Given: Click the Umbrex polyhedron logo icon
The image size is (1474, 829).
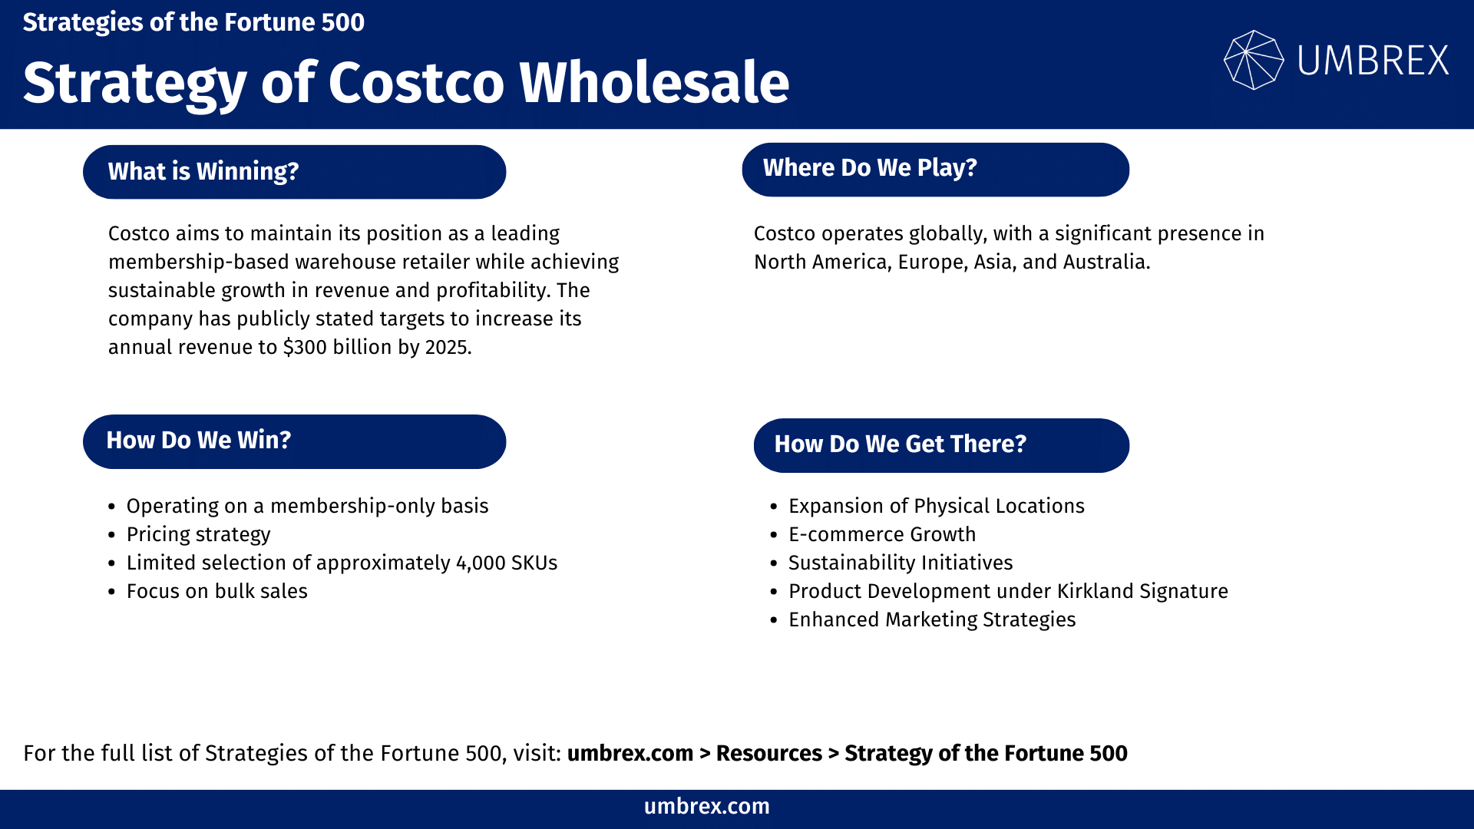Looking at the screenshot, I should tap(1253, 60).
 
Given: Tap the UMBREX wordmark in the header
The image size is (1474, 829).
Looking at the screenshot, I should tap(1373, 61).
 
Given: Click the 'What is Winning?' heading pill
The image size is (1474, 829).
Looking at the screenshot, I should tap(294, 172).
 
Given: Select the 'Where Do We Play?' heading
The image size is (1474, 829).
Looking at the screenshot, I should tap(935, 169).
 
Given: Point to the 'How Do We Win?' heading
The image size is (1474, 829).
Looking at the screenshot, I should tap(294, 441).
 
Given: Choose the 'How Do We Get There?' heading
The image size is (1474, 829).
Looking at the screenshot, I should tap(941, 445).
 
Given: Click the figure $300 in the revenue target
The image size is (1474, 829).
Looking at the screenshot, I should tap(305, 348).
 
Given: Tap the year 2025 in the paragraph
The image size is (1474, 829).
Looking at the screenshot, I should tap(446, 348).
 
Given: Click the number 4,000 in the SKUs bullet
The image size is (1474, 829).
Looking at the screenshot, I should tap(480, 563).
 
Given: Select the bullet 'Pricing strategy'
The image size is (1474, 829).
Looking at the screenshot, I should tap(198, 534).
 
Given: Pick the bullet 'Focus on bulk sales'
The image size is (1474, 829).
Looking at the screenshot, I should tap(216, 591).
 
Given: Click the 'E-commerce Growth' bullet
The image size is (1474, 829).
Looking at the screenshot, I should tap(882, 534).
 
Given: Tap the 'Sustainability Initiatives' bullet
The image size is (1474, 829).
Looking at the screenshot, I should tap(901, 563).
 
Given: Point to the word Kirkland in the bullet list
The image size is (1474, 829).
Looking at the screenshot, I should tap(1095, 591).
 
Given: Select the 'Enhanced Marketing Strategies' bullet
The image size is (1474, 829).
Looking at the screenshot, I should tap(932, 619).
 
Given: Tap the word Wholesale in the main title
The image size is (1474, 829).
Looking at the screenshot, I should tap(654, 83).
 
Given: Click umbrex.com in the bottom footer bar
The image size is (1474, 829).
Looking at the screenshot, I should tap(706, 807).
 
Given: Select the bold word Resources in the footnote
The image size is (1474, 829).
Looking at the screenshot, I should tap(768, 754).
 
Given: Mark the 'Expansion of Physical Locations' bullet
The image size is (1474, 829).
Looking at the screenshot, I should tap(936, 506).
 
